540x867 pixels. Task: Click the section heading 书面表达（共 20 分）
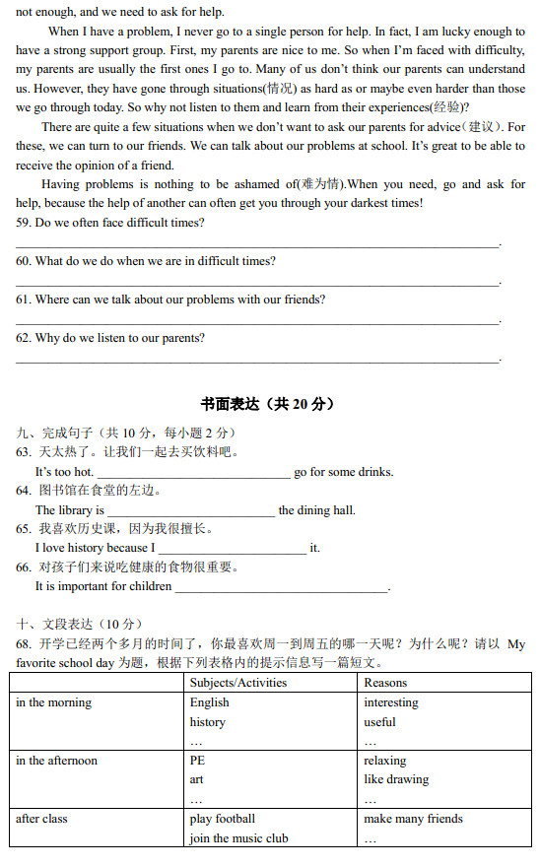click(268, 404)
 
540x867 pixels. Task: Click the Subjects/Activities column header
click(238, 683)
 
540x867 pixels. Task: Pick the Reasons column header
click(385, 683)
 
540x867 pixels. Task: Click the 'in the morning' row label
click(53, 702)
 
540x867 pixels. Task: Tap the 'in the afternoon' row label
click(56, 761)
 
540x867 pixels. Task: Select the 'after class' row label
click(41, 819)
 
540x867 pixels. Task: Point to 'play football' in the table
click(222, 819)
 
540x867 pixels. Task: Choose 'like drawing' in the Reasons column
click(396, 779)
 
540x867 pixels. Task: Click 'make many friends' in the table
click(413, 819)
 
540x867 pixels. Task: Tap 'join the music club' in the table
click(238, 838)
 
